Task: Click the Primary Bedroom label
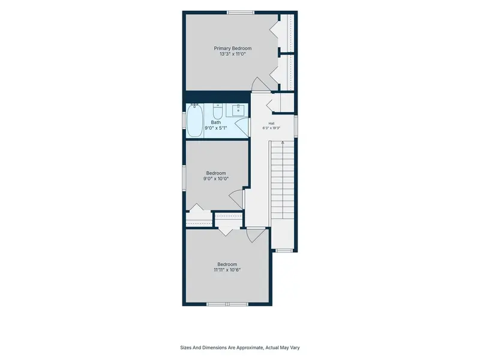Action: tap(233, 49)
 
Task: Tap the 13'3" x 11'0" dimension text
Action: tap(233, 54)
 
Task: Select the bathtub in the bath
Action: tap(194, 121)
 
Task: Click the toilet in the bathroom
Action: tap(217, 112)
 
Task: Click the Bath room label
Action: tap(216, 122)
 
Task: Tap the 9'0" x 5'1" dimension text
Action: tap(216, 128)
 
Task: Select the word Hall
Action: tap(271, 124)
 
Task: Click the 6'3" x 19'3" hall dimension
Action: tap(271, 128)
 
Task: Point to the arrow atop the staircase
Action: tap(283, 143)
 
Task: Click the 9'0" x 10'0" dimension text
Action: tap(216, 179)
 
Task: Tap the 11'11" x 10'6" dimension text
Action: tap(227, 270)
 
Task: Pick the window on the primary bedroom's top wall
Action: tap(241, 13)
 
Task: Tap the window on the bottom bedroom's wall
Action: tap(227, 304)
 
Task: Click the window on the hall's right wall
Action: tap(296, 126)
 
